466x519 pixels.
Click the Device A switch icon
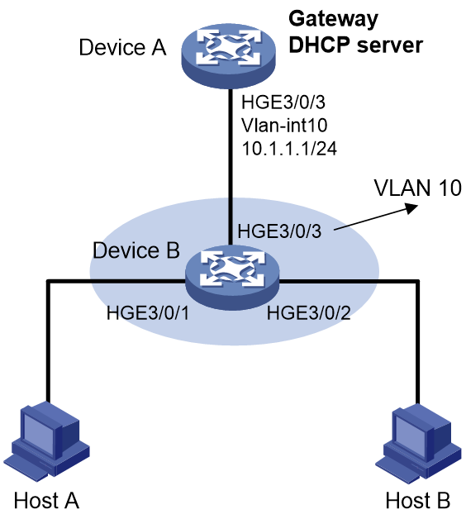(228, 55)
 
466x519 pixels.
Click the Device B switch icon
(232, 278)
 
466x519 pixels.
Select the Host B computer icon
(418, 441)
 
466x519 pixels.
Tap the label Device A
(122, 47)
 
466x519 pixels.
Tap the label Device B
(136, 250)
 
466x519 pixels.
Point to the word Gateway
(333, 20)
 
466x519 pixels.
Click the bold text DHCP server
(356, 45)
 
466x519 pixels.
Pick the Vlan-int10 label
(284, 126)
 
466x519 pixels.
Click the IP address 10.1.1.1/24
(289, 149)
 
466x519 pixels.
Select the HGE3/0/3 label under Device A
(283, 102)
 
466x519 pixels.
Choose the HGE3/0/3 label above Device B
(279, 231)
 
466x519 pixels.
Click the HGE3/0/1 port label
(148, 312)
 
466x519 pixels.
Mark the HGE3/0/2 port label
(309, 312)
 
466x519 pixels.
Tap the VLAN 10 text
(418, 188)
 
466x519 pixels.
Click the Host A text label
(46, 500)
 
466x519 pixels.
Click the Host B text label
(418, 500)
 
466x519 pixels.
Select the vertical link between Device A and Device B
(229, 167)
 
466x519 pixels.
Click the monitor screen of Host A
(38, 433)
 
